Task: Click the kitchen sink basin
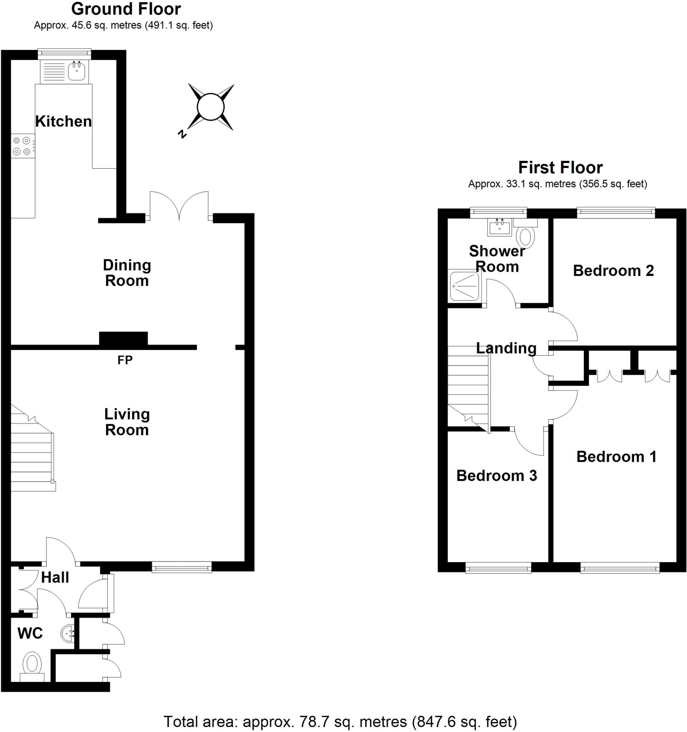(x=76, y=71)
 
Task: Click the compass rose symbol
(x=211, y=107)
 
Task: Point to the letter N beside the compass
(x=182, y=134)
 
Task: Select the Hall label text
(x=55, y=577)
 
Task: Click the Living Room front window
(x=182, y=567)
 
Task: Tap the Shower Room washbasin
(x=500, y=227)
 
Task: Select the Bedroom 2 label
(x=613, y=271)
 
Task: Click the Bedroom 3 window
(x=498, y=568)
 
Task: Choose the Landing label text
(x=506, y=348)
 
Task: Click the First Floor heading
(x=560, y=168)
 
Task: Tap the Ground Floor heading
(x=126, y=9)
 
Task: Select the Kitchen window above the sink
(x=65, y=54)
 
